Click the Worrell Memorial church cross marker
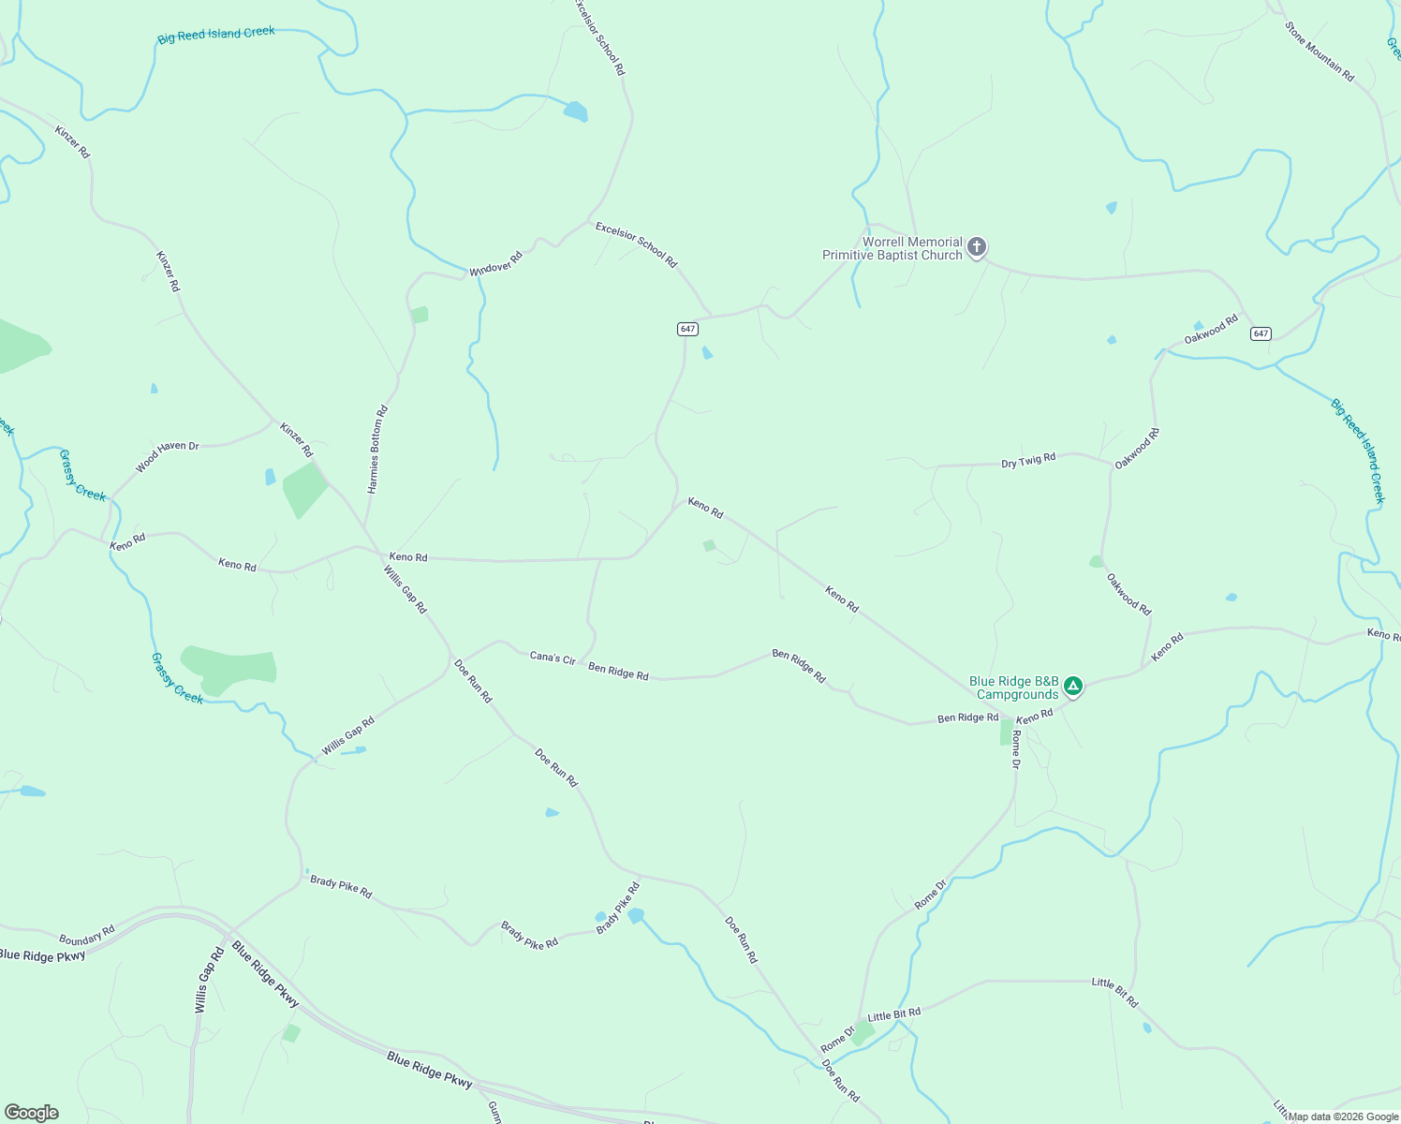pos(976,247)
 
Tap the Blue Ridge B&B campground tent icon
pos(1073,687)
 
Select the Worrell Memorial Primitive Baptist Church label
pos(892,248)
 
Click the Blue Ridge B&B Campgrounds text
pos(1014,688)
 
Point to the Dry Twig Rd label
pos(1028,461)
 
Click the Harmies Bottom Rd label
pos(376,450)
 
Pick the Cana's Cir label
pos(553,658)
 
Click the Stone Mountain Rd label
pos(1320,52)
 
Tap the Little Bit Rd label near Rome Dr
pos(893,1014)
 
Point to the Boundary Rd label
pos(86,935)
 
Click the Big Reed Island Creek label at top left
pos(216,36)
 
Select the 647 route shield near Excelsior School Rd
pos(688,329)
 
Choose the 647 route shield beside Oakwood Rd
pos(1261,333)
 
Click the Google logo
pos(31,1113)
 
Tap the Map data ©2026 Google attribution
pos(1342,1116)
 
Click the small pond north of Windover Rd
pos(575,112)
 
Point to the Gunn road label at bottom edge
pos(494,1112)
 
